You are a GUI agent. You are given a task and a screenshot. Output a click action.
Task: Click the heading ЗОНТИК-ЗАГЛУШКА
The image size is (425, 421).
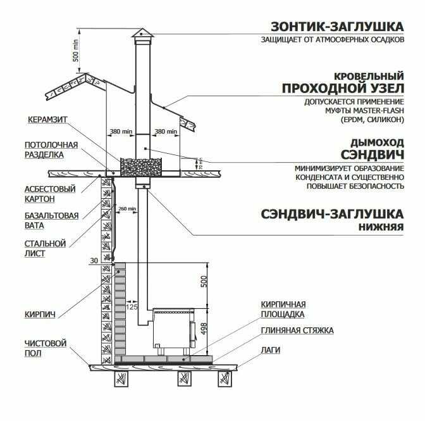(x=336, y=27)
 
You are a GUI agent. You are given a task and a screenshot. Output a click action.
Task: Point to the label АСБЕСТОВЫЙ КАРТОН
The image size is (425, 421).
(x=50, y=194)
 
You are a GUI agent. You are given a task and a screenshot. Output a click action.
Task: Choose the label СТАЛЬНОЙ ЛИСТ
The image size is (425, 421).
(x=45, y=248)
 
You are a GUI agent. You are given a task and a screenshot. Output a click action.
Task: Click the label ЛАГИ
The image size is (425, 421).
(x=273, y=349)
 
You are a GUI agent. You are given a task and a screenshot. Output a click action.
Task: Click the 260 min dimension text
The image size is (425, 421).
(x=127, y=208)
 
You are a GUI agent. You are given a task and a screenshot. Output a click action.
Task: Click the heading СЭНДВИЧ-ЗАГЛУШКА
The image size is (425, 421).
(x=332, y=213)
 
